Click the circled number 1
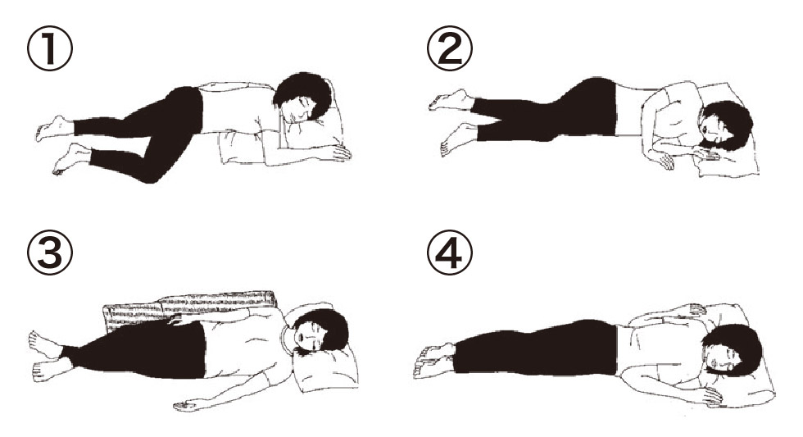click(50, 49)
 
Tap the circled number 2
click(450, 49)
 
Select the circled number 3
click(50, 252)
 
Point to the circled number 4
click(450, 252)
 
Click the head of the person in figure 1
click(302, 99)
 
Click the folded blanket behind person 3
click(189, 307)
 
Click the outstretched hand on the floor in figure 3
click(185, 407)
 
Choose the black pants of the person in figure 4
click(535, 348)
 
